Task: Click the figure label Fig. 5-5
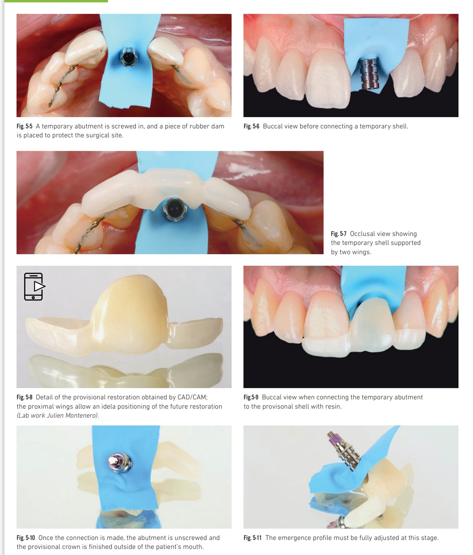coord(24,126)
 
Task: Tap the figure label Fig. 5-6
coord(251,126)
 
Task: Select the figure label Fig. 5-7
coord(339,234)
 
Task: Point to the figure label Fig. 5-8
coord(24,397)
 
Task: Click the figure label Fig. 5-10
coord(26,538)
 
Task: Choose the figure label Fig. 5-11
coord(252,538)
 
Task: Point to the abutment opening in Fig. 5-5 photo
coord(129,57)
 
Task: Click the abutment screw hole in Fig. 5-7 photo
coord(175,209)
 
